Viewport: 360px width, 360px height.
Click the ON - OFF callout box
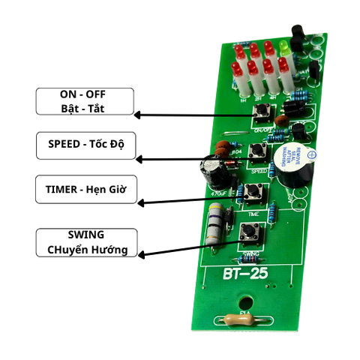85,101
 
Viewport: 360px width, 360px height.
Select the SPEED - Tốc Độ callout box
85,145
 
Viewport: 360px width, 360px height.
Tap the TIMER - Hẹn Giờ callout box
85,190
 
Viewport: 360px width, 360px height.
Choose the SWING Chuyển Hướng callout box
85,242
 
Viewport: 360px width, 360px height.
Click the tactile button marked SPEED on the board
257,154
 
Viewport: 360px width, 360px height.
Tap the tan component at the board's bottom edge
238,319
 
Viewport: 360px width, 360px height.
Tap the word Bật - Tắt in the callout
85,109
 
